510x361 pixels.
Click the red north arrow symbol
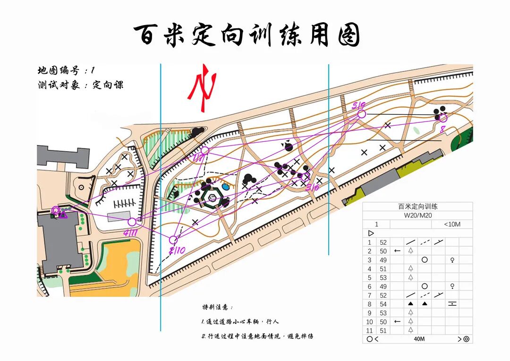click(x=202, y=87)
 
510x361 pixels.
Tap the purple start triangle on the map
click(x=62, y=215)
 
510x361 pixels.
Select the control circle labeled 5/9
click(x=361, y=114)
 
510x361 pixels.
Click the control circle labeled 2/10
click(x=173, y=240)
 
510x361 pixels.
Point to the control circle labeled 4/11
click(x=132, y=222)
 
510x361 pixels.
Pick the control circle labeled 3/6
click(x=306, y=177)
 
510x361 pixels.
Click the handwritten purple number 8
click(x=442, y=129)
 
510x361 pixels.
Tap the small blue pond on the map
click(x=226, y=187)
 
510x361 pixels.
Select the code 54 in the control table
click(x=383, y=304)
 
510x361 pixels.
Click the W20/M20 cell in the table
click(x=417, y=215)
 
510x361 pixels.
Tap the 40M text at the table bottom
click(x=419, y=339)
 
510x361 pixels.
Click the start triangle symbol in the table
click(x=371, y=233)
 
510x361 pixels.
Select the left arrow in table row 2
click(x=397, y=251)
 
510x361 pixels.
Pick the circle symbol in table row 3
click(x=424, y=260)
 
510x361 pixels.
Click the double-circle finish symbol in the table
click(x=466, y=339)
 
